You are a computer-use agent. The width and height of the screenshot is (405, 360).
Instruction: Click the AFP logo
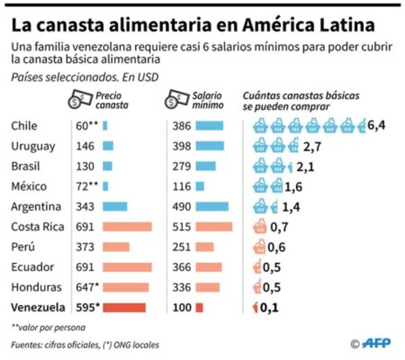click(376, 343)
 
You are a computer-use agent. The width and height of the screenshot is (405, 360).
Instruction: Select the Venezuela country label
click(38, 307)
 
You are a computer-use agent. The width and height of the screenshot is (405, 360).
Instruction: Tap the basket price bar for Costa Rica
click(127, 227)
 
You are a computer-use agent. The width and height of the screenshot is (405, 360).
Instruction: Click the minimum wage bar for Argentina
click(212, 206)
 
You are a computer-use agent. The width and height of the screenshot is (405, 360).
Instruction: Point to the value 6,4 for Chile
click(376, 126)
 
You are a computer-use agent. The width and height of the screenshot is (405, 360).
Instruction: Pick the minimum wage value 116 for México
click(182, 186)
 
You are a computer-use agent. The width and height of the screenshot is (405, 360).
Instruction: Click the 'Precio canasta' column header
click(112, 101)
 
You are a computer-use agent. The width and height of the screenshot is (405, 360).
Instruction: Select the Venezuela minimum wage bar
click(200, 308)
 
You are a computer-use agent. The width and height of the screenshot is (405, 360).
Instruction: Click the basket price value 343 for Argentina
click(85, 206)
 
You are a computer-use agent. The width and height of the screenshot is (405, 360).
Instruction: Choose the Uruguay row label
click(33, 146)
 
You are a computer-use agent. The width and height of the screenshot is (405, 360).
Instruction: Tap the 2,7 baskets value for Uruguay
click(312, 146)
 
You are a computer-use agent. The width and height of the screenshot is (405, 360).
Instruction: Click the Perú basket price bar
click(116, 247)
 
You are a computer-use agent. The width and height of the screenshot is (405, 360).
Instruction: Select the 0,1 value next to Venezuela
click(269, 308)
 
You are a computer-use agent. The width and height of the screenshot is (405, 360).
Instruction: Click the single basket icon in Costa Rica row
click(260, 227)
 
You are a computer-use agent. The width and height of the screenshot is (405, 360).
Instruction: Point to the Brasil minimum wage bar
click(205, 166)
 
